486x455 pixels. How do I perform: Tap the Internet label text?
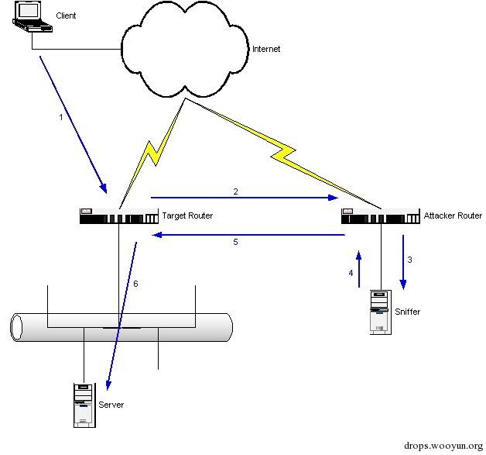(x=266, y=50)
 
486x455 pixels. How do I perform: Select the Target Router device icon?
(x=117, y=216)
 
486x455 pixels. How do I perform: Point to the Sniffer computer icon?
(x=379, y=312)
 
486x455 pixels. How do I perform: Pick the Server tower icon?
(x=84, y=405)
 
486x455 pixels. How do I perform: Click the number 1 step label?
(x=60, y=118)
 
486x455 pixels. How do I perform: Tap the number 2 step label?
(x=235, y=190)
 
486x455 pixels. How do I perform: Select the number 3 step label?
(x=409, y=260)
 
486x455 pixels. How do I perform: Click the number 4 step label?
(x=350, y=273)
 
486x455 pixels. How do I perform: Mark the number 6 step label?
(x=135, y=284)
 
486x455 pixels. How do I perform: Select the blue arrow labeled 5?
(x=248, y=233)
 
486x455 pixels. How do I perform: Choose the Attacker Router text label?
(x=453, y=215)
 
